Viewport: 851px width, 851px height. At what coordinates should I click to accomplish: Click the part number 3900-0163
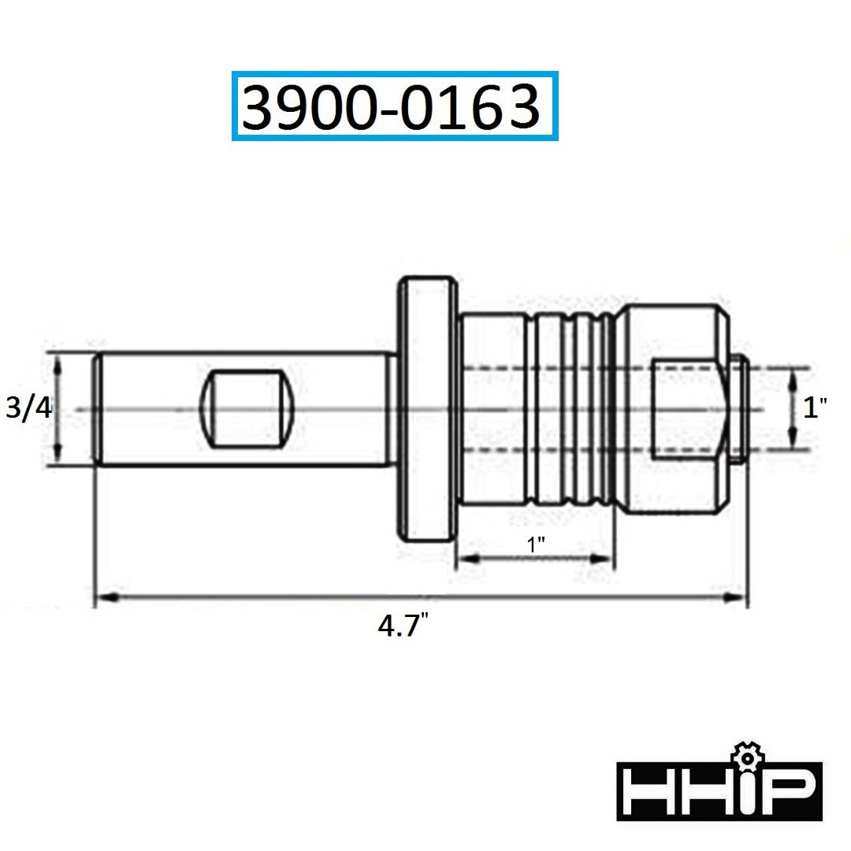(391, 107)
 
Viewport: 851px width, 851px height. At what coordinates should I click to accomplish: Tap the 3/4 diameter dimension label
(28, 407)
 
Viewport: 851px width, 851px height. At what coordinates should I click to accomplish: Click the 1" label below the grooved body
(537, 544)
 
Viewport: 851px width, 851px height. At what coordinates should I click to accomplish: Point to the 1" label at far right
(815, 407)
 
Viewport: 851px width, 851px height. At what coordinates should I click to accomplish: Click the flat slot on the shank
(247, 409)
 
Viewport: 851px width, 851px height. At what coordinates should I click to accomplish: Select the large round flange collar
(427, 409)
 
